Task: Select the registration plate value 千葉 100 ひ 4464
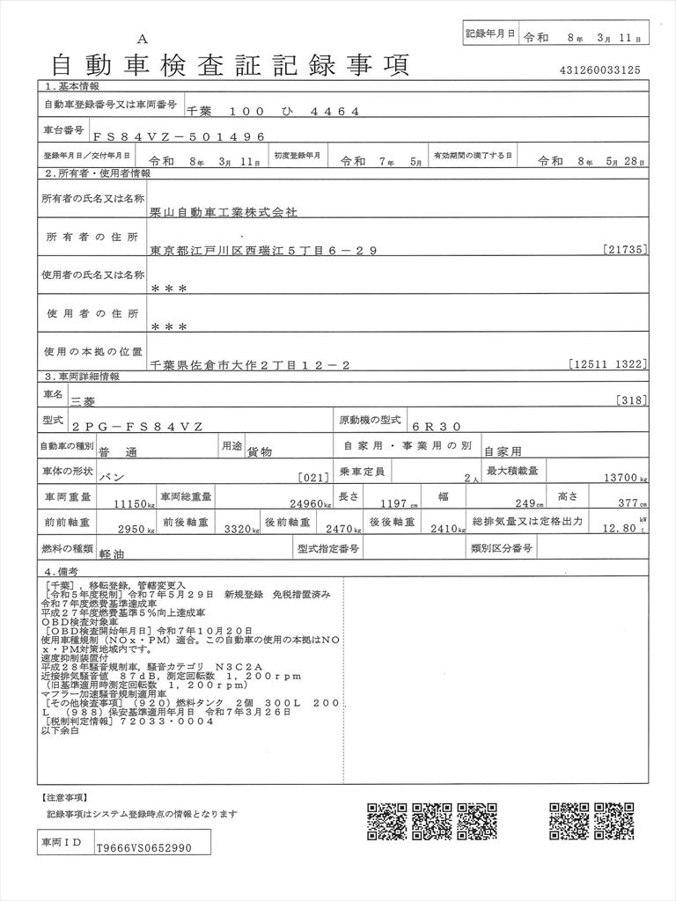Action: pos(273,111)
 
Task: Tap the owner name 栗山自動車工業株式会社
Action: pos(224,212)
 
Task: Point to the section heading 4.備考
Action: pos(69,572)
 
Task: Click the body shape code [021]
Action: pos(314,477)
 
